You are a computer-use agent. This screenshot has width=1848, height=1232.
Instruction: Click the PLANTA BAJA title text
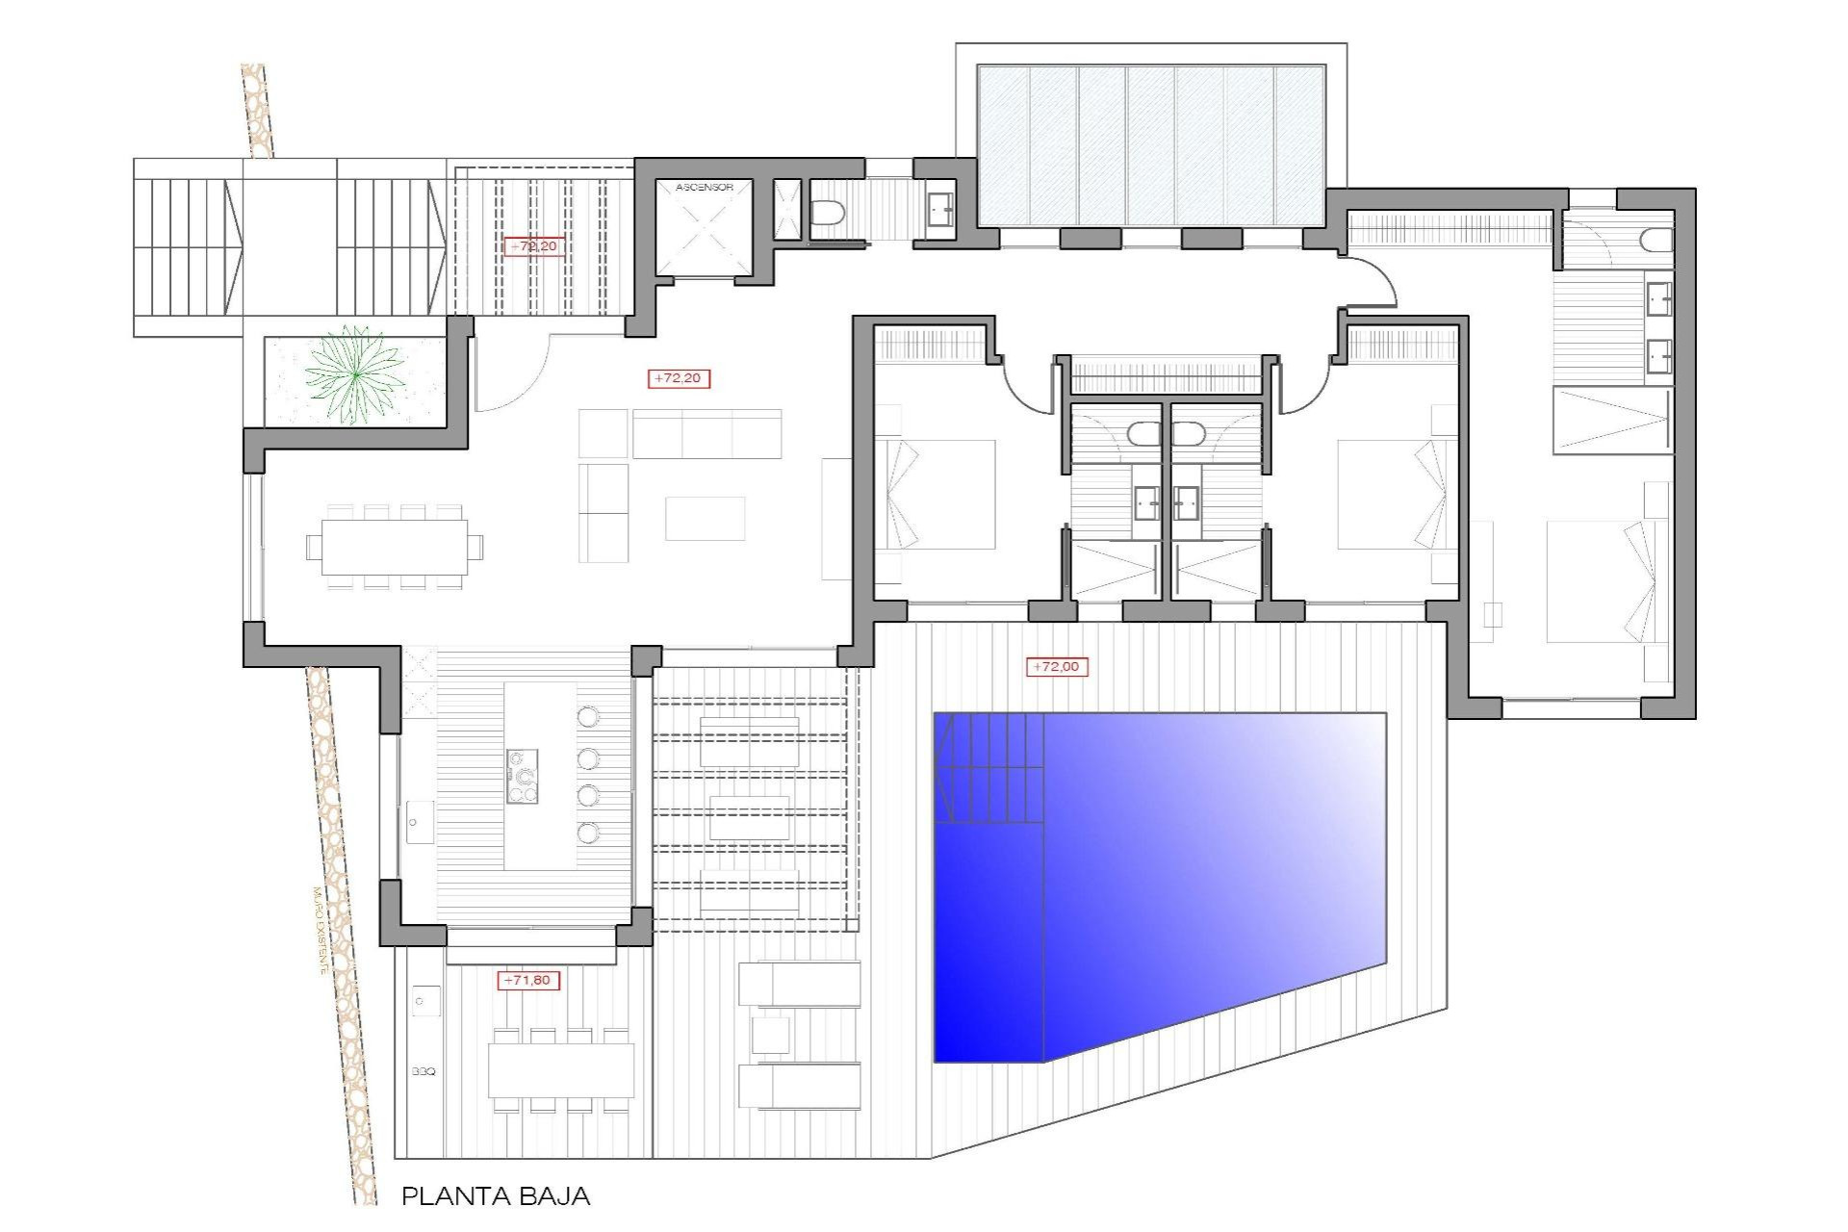coord(495,1196)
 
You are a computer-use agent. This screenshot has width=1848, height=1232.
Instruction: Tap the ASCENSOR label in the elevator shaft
coord(704,188)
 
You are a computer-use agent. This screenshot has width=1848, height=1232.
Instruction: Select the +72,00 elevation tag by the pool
coord(1056,666)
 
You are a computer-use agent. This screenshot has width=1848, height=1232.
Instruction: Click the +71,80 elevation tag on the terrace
coord(527,980)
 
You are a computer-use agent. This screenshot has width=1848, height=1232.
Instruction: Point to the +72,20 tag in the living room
coord(679,378)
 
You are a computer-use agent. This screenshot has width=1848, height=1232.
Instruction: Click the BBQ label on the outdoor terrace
coord(423,1071)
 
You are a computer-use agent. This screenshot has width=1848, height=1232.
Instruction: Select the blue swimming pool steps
coord(989,770)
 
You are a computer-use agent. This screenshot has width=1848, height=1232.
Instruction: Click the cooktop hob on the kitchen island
coord(523,777)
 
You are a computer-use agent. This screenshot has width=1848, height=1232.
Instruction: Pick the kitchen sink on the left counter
coord(419,823)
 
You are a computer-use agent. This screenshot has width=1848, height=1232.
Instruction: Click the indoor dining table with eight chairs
coord(395,548)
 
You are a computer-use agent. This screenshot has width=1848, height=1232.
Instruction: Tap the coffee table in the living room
coord(705,518)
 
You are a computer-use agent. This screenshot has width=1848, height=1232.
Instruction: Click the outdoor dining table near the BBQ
coord(560,1070)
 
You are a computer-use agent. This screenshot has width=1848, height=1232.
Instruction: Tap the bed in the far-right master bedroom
coord(1603,582)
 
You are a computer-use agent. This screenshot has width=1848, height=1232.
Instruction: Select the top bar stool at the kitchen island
coord(588,716)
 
